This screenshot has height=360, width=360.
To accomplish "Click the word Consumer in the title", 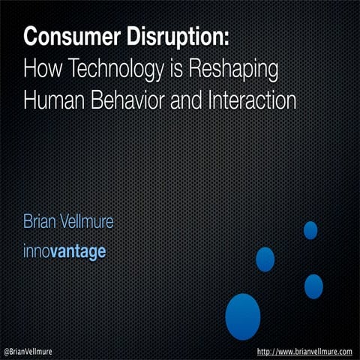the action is (72, 37).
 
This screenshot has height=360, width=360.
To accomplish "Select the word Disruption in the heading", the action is (174, 38).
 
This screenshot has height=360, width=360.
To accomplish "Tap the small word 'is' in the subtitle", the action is (177, 70).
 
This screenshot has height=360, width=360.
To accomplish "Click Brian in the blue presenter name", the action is (40, 221).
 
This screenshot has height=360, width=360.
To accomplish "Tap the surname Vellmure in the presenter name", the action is (87, 221).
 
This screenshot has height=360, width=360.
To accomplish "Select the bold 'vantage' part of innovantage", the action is (78, 253).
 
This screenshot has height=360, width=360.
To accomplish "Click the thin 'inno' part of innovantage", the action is (37, 250).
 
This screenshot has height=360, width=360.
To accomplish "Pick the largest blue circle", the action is (243, 316).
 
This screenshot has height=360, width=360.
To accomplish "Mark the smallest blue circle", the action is (310, 230).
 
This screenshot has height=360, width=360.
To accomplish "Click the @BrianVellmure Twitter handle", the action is (28, 352).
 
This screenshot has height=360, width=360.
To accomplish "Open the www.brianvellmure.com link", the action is (304, 352).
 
